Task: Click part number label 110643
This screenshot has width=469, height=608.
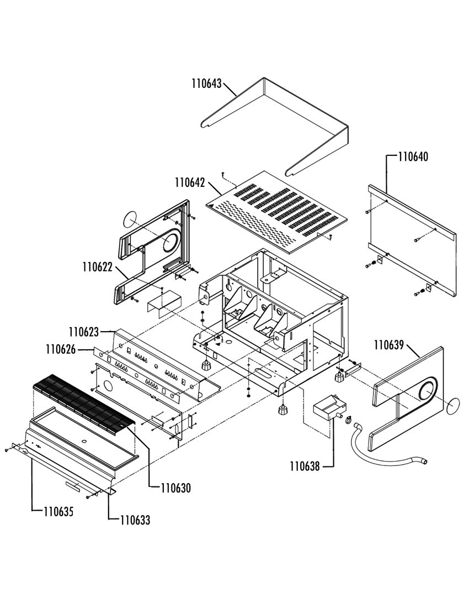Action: tap(207, 84)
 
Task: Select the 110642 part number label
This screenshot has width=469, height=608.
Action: tap(190, 182)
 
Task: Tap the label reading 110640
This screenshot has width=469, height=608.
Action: tap(413, 157)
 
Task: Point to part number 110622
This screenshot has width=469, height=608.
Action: tap(98, 268)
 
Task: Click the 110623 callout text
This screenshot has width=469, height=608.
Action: tap(84, 332)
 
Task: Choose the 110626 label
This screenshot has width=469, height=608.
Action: tap(61, 349)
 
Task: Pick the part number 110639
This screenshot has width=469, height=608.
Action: tap(389, 345)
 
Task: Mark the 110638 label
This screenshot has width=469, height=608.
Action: tap(305, 467)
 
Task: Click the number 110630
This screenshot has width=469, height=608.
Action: tap(176, 488)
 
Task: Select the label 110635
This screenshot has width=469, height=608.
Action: tap(59, 512)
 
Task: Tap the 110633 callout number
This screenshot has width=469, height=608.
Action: tap(135, 520)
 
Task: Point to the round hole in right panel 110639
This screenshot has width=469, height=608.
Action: tap(428, 391)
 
